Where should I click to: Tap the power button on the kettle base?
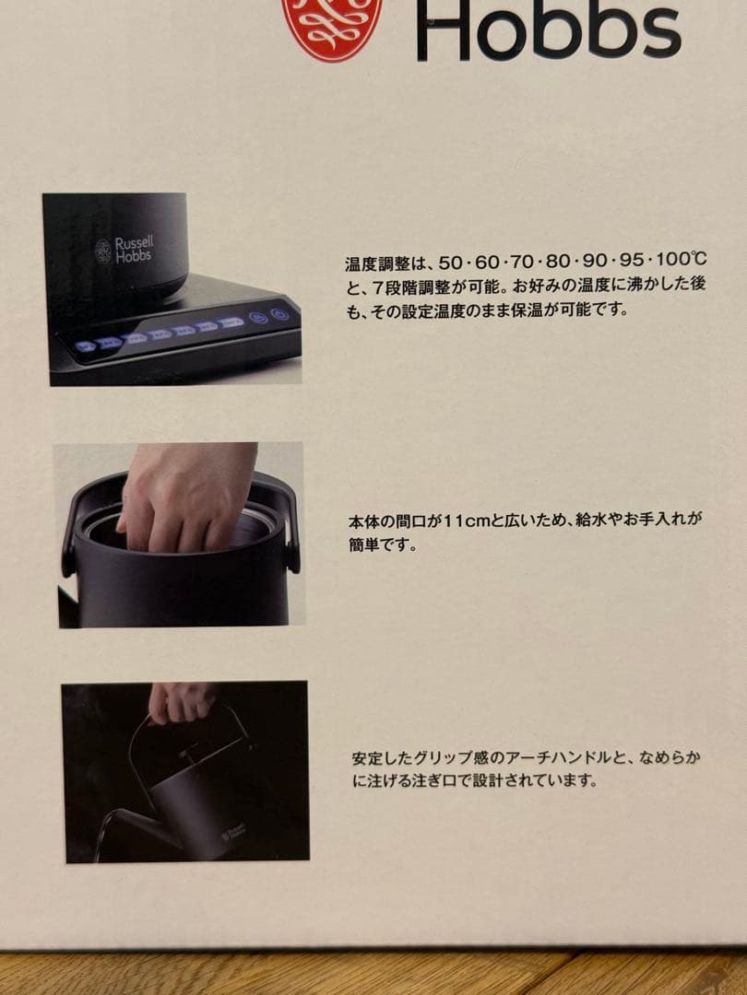pos(279,316)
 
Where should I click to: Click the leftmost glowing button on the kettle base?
pos(86,347)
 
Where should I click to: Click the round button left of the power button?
pos(259,318)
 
